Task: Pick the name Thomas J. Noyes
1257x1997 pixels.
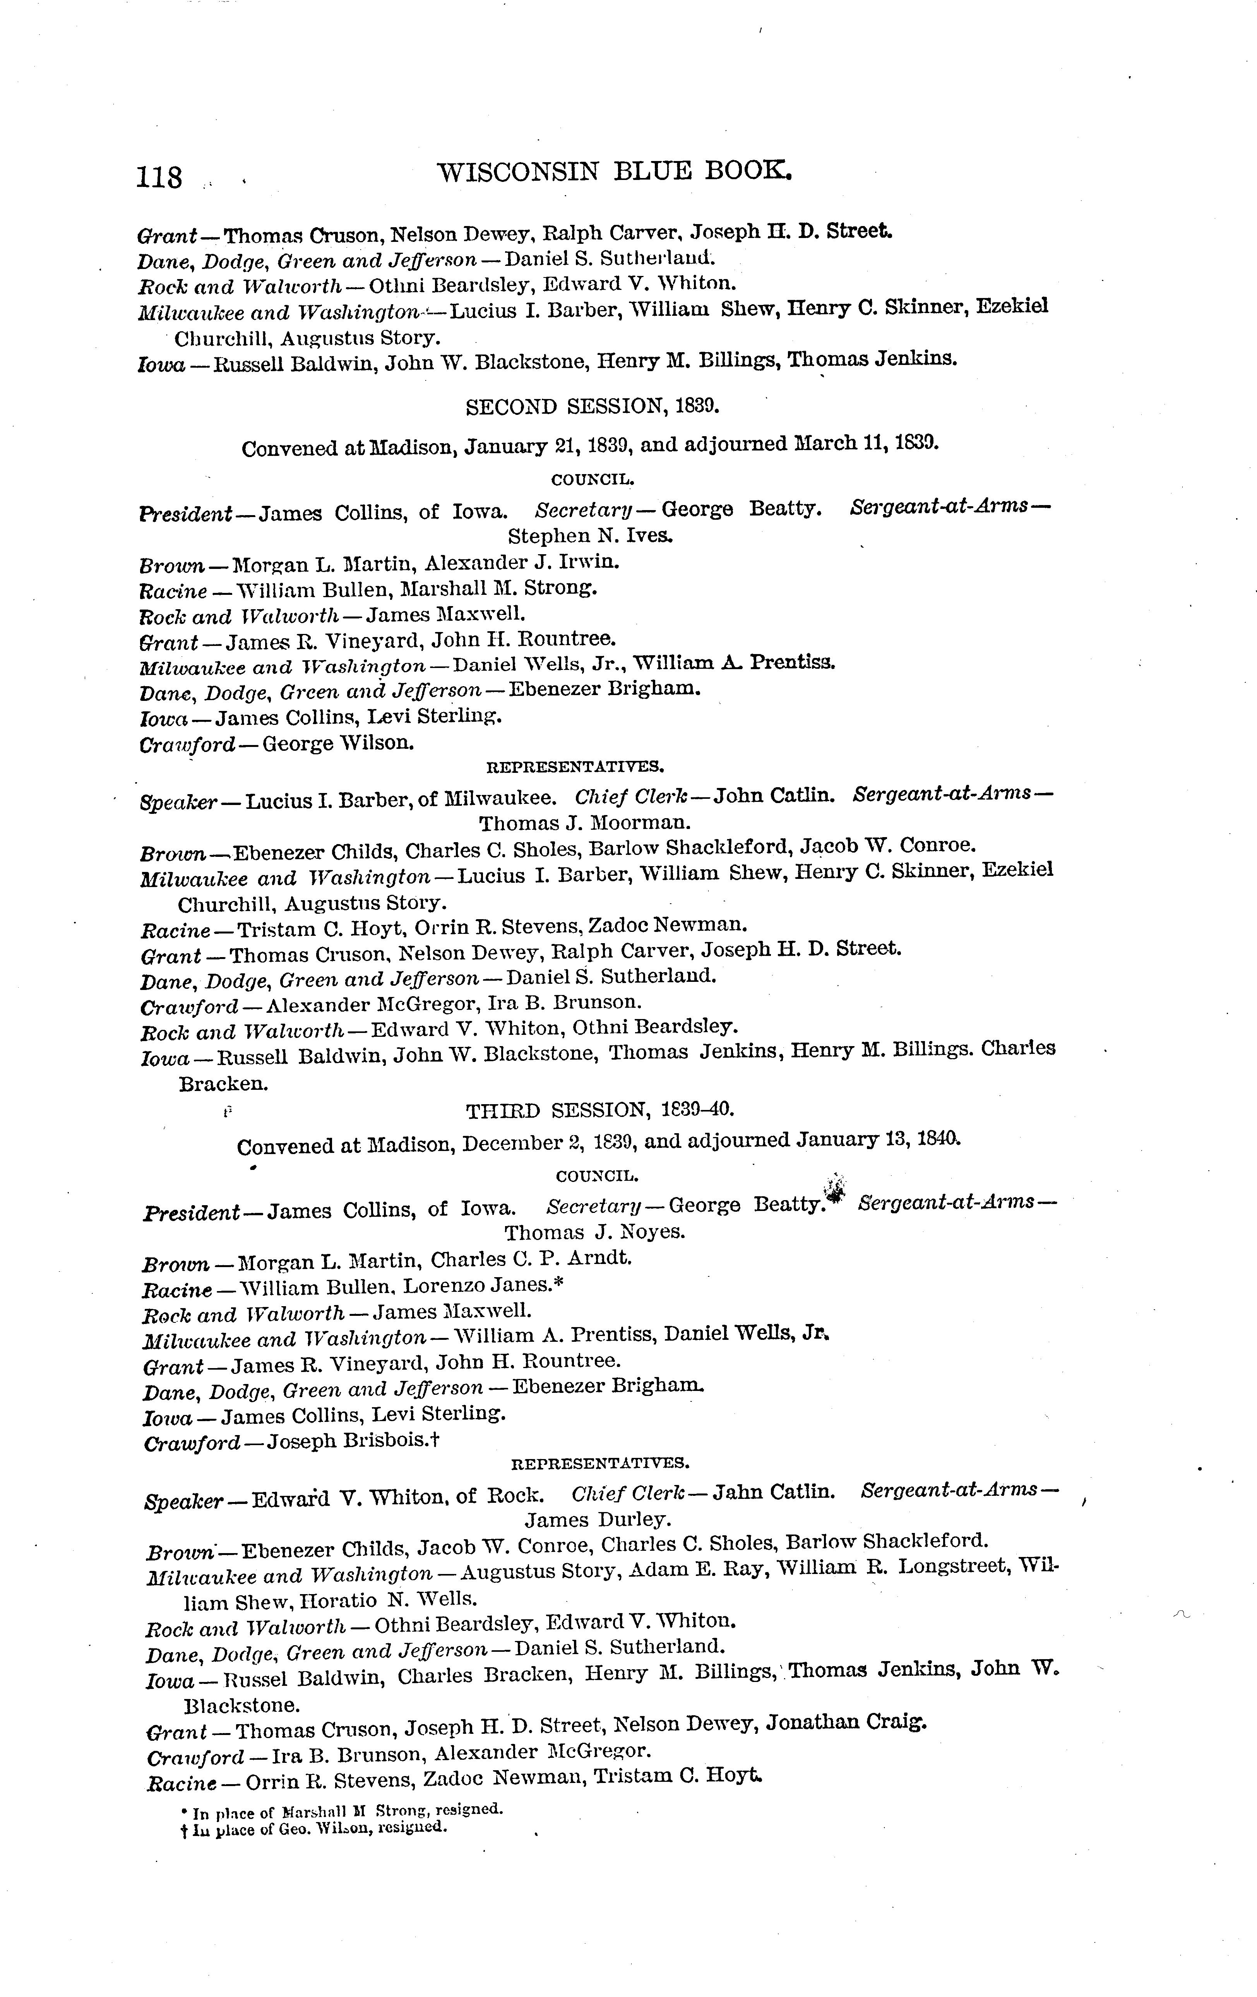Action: [x=594, y=1231]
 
